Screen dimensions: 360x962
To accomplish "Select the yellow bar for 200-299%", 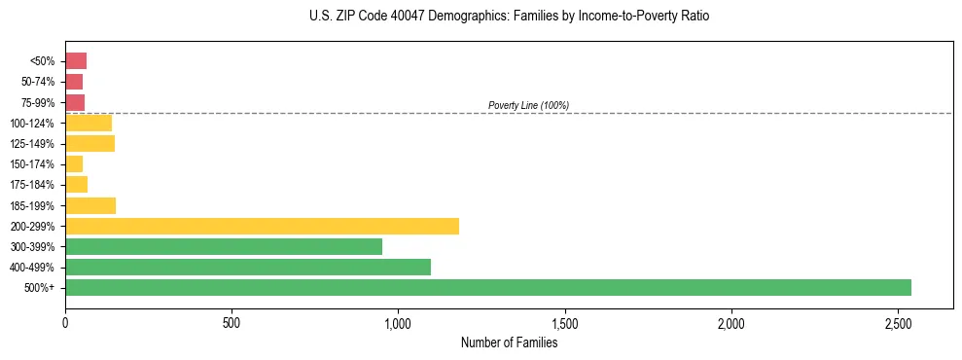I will click(262, 226).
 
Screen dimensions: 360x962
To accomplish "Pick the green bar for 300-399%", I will click(224, 246).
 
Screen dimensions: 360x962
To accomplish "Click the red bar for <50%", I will click(76, 61).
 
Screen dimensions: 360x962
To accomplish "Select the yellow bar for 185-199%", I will click(90, 205).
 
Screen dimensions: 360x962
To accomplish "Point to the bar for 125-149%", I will click(89, 143).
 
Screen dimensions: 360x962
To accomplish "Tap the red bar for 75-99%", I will click(75, 102).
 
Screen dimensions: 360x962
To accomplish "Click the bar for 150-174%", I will click(74, 164).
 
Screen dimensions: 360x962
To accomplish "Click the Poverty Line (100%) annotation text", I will click(528, 105).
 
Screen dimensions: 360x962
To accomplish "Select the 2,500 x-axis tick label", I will click(898, 323).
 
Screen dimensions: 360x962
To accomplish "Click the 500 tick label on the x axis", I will click(232, 323).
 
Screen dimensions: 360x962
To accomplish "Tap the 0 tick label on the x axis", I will click(65, 323).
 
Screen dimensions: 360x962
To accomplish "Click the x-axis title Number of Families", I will click(509, 342).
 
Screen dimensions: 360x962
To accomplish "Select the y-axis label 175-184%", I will click(32, 185).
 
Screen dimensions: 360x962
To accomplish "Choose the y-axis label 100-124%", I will click(32, 123).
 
